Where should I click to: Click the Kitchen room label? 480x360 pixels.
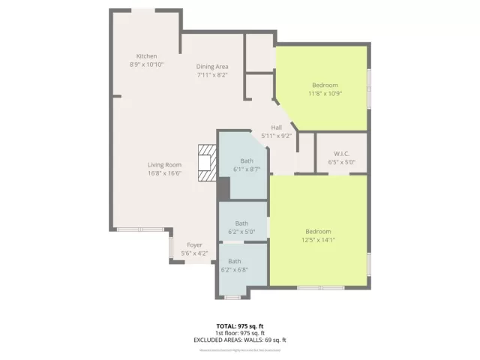(x=146, y=57)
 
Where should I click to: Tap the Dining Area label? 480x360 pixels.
(x=212, y=67)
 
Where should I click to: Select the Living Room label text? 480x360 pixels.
(x=164, y=165)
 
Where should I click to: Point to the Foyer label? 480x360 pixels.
(x=194, y=245)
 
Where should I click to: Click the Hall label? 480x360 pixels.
(x=276, y=127)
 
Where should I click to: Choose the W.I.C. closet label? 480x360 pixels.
(x=341, y=154)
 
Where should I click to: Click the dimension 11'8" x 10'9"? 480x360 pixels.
(x=325, y=93)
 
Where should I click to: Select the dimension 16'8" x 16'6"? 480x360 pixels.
(x=164, y=173)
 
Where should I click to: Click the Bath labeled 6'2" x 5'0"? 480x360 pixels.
(x=241, y=223)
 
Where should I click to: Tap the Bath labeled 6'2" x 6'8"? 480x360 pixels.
(x=235, y=261)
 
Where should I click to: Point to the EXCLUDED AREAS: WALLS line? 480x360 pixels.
(x=241, y=340)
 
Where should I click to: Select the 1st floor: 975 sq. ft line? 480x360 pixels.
(x=241, y=333)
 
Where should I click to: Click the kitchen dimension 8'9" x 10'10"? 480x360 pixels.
(x=146, y=64)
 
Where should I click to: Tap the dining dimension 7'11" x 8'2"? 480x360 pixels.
(x=212, y=74)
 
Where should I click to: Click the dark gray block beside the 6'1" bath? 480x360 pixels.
(x=223, y=190)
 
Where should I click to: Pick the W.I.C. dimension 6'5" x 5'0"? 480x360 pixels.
(x=341, y=162)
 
